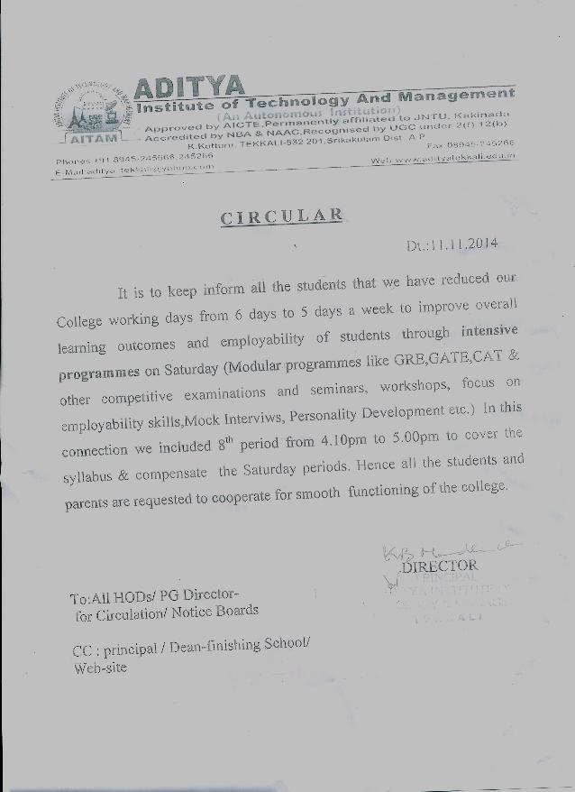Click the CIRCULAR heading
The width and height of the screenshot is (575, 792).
tap(281, 216)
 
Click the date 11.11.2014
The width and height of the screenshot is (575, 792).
tap(463, 243)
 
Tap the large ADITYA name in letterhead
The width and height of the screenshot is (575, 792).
tap(188, 87)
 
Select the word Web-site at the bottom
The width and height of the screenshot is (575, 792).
tap(99, 668)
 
